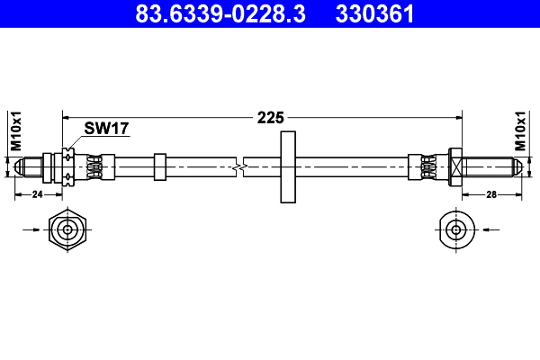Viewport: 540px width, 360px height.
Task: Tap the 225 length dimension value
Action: point(271,117)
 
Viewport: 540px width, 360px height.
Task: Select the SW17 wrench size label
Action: point(106,129)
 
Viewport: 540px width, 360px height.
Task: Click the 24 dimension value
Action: point(38,194)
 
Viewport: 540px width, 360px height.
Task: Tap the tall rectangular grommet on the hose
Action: point(288,167)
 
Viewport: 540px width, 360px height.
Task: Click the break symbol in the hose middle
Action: point(239,167)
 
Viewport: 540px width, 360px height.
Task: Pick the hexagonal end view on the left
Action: point(67,229)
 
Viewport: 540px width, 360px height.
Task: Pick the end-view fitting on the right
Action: point(456,229)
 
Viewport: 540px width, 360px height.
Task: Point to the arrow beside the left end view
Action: point(31,229)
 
